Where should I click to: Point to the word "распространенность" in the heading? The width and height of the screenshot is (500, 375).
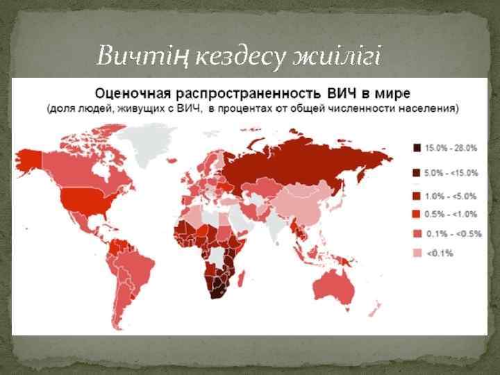246,92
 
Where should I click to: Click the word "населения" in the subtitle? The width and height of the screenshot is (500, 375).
433,109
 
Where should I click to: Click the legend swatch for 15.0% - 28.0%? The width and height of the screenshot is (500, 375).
417,148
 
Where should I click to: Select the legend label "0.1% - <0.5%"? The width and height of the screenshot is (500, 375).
453,234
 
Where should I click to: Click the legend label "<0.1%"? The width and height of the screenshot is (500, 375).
439,253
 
